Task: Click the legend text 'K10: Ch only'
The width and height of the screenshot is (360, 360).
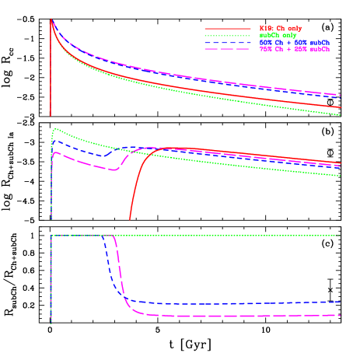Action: click(281, 29)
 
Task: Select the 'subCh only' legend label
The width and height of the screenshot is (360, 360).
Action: click(278, 35)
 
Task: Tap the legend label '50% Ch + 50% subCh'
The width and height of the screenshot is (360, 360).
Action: click(294, 42)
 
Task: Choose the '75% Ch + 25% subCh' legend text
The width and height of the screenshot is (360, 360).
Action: click(294, 49)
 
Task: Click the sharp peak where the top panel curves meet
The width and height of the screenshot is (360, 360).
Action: click(51, 20)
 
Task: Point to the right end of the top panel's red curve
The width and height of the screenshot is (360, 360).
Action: click(341, 108)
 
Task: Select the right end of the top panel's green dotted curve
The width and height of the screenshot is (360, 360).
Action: click(341, 115)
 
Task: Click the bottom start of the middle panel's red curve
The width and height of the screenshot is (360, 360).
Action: click(129, 219)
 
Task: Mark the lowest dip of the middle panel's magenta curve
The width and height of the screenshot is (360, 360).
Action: click(114, 169)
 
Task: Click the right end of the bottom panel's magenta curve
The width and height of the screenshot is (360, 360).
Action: click(341, 315)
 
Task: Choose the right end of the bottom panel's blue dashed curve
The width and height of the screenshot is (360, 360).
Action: click(341, 302)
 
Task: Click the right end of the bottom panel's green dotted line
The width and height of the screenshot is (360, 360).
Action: click(341, 236)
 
